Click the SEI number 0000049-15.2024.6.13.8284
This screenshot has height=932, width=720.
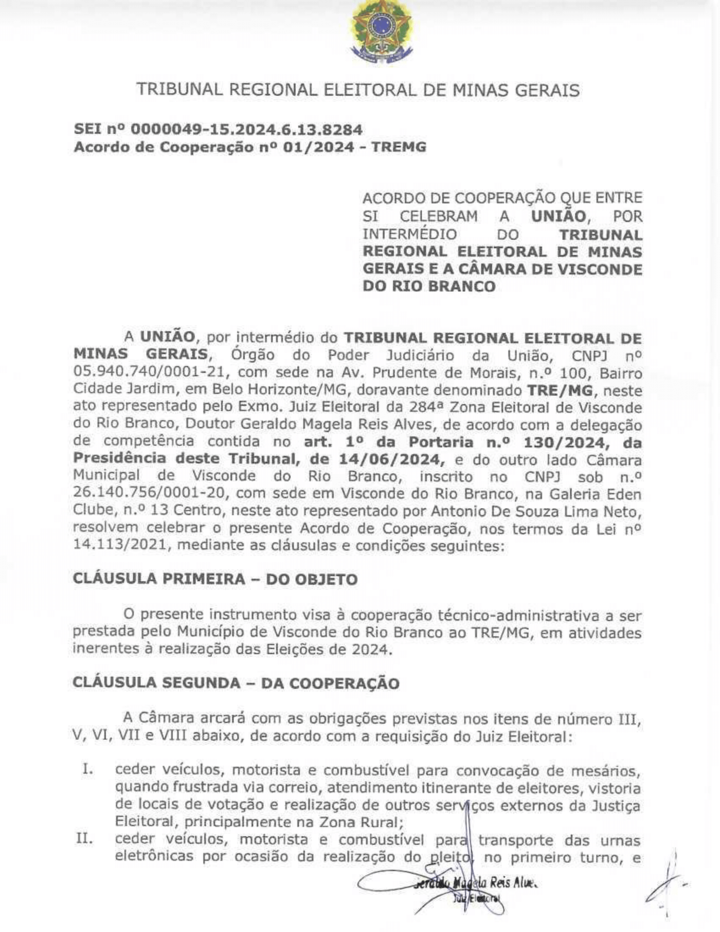(246, 129)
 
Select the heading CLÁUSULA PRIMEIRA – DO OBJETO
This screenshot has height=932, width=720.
(215, 579)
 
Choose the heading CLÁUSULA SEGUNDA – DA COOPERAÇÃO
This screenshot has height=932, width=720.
(236, 683)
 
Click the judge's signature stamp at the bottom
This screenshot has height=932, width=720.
(465, 887)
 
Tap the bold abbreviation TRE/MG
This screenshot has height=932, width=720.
(559, 391)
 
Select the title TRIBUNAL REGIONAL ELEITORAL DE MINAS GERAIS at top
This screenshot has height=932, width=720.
(358, 90)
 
